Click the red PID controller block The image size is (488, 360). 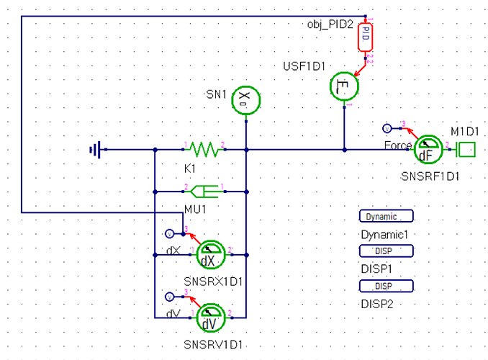(x=365, y=37)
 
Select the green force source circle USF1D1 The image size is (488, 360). (x=344, y=86)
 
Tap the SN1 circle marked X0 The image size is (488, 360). (x=246, y=100)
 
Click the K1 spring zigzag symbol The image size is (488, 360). (x=204, y=149)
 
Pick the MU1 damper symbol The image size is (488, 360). (x=204, y=192)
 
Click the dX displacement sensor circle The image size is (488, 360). (x=211, y=255)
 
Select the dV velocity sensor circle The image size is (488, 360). (x=211, y=318)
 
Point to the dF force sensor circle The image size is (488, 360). (x=428, y=150)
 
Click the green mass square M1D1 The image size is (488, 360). (x=466, y=150)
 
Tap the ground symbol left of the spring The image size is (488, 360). (x=96, y=150)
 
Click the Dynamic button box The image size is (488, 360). (x=387, y=216)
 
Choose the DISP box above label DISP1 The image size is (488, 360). (x=387, y=251)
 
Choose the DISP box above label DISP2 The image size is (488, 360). (x=387, y=286)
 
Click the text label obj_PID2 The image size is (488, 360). (x=330, y=24)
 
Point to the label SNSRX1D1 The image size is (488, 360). (x=213, y=282)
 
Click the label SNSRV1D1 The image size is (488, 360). (x=213, y=345)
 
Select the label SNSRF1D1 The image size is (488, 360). (x=430, y=176)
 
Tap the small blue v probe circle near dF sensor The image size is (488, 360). (x=387, y=128)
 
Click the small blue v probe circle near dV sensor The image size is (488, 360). (x=169, y=297)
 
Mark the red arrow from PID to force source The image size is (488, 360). (x=360, y=68)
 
